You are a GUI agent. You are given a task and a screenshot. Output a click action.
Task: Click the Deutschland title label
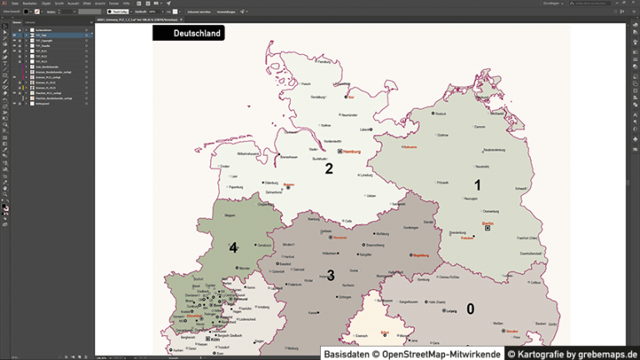197,33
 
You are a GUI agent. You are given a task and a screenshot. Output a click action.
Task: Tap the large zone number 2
329,169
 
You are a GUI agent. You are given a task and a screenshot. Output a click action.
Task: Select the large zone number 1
477,185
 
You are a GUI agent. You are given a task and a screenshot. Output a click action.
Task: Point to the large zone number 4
233,247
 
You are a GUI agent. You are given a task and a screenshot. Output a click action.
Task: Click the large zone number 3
331,275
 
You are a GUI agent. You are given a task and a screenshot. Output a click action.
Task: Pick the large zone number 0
470,309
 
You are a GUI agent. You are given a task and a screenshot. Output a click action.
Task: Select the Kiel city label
352,97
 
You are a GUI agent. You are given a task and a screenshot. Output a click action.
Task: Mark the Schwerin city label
409,147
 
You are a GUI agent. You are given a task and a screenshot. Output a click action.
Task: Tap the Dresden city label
513,332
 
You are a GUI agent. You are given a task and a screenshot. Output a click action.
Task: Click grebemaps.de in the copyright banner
604,353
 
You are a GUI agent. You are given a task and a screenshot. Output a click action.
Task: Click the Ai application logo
5,3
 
